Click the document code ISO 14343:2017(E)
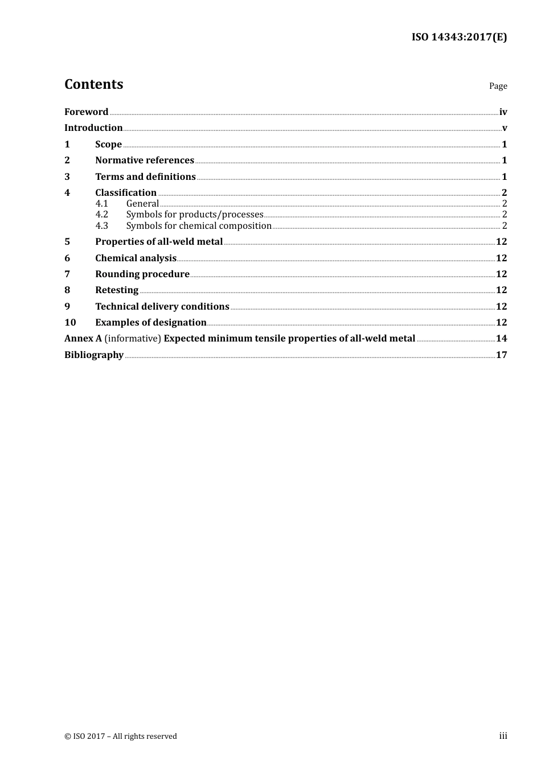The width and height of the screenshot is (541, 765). pyautogui.click(x=459, y=38)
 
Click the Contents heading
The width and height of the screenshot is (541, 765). pyautogui.click(x=93, y=84)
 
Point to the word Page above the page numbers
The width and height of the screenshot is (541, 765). pyautogui.click(x=498, y=86)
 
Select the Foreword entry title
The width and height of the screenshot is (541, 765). pyautogui.click(x=86, y=112)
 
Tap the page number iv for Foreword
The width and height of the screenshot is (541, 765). pyautogui.click(x=503, y=112)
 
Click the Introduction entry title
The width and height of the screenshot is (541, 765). pyautogui.click(x=93, y=128)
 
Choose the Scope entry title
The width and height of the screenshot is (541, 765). pyautogui.click(x=108, y=145)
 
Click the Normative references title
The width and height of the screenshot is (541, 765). pyautogui.click(x=145, y=161)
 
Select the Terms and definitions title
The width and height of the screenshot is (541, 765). pyautogui.click(x=145, y=177)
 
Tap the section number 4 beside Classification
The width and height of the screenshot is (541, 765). pyautogui.click(x=67, y=193)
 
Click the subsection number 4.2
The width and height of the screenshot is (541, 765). pyautogui.click(x=101, y=215)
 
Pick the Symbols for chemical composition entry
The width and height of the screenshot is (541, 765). pyautogui.click(x=199, y=226)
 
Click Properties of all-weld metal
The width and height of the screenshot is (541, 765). pyautogui.click(x=159, y=242)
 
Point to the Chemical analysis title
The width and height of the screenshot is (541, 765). pyautogui.click(x=136, y=258)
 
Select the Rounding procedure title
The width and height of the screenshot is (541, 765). pyautogui.click(x=142, y=274)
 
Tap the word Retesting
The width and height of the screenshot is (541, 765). pyautogui.click(x=117, y=290)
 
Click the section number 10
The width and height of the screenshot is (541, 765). pyautogui.click(x=70, y=323)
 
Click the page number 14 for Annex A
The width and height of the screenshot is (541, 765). pyautogui.click(x=501, y=339)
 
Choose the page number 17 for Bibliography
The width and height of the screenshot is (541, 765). pyautogui.click(x=501, y=355)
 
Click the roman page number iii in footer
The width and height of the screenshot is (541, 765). pyautogui.click(x=503, y=736)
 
